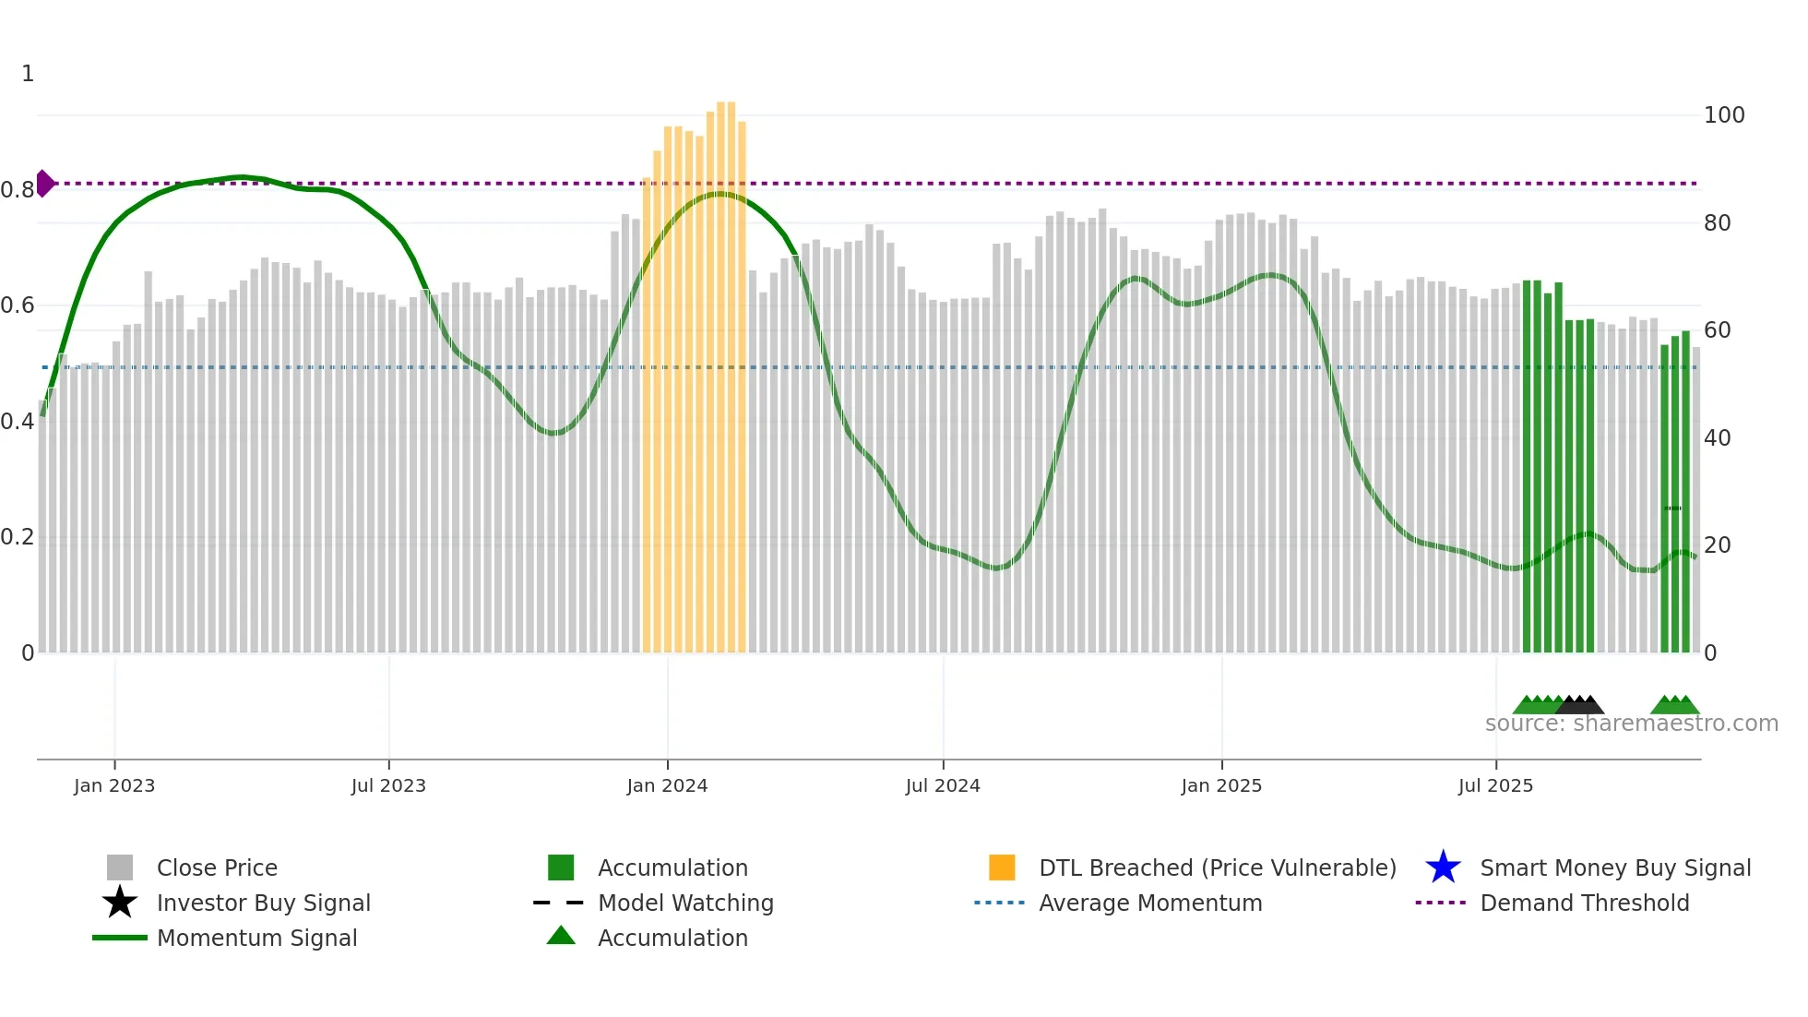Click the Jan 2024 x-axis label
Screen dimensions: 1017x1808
(x=667, y=785)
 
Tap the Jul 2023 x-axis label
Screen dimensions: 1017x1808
(x=388, y=785)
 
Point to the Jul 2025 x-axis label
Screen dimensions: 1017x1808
(x=1495, y=785)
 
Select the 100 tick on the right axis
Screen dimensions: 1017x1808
(x=1723, y=115)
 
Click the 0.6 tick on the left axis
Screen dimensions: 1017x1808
(x=18, y=305)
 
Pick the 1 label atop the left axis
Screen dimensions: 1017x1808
(x=28, y=74)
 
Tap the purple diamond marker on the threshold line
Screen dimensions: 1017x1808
(x=44, y=184)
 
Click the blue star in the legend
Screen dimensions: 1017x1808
(x=1443, y=867)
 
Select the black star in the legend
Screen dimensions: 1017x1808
(x=120, y=903)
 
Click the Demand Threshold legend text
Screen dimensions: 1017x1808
(x=1584, y=903)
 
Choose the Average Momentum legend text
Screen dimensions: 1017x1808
(x=1150, y=903)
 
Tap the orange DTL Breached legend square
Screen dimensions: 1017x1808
(x=1002, y=867)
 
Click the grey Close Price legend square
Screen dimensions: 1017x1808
(x=120, y=867)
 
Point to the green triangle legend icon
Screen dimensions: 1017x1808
(x=561, y=936)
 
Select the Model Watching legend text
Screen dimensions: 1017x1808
(x=685, y=903)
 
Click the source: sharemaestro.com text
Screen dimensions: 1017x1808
(x=1631, y=724)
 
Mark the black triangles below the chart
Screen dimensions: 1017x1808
(x=1581, y=705)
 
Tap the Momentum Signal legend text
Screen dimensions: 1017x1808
(x=256, y=938)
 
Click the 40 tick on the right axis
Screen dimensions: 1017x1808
(x=1717, y=438)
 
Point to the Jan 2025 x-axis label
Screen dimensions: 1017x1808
(x=1221, y=785)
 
